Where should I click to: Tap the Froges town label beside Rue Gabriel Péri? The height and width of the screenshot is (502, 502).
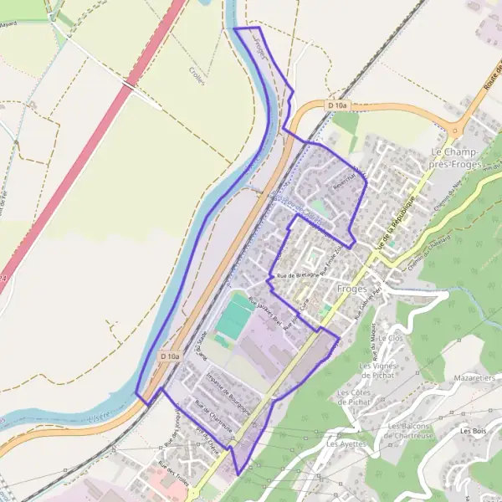pyautogui.click(x=352, y=289)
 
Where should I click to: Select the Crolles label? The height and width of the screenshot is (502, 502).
pyautogui.click(x=198, y=73)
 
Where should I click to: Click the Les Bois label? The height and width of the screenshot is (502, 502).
pyautogui.click(x=473, y=431)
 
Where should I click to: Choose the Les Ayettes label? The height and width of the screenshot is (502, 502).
pyautogui.click(x=346, y=443)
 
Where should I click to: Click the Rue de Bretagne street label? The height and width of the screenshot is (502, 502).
pyautogui.click(x=297, y=275)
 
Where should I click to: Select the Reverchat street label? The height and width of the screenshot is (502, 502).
pyautogui.click(x=345, y=182)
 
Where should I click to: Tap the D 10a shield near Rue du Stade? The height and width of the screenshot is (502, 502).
pyautogui.click(x=170, y=356)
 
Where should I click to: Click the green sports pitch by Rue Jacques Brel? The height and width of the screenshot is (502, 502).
pyautogui.click(x=233, y=317)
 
